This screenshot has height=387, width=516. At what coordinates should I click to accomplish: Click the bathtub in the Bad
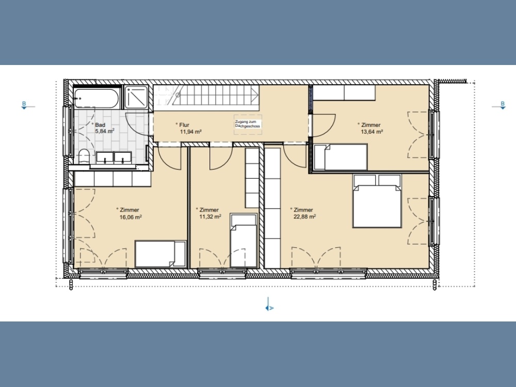point(96,98)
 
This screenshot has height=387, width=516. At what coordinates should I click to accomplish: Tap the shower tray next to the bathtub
point(136,97)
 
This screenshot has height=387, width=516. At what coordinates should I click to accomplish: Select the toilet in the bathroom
point(85,156)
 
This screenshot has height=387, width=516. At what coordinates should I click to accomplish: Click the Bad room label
point(100,125)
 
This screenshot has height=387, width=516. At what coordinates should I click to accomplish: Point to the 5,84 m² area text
point(105,131)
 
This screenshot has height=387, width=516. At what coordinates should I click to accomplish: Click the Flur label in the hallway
point(184,125)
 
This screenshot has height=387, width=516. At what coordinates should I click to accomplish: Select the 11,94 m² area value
point(190,132)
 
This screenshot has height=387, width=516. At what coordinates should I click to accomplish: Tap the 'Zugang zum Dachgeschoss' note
point(248,124)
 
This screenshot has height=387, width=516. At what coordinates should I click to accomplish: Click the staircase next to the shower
point(206,96)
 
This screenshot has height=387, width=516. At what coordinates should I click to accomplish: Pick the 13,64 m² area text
point(372,132)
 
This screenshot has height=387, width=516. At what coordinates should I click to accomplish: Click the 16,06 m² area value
point(131,217)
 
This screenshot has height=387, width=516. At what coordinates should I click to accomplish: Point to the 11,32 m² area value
point(211,217)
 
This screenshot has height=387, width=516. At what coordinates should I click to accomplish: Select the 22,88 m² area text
point(305,217)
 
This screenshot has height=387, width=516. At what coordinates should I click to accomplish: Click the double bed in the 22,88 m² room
point(377,201)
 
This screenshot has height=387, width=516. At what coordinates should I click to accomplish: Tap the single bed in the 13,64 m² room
point(341,157)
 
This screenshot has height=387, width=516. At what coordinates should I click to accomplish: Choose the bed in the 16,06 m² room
point(160,254)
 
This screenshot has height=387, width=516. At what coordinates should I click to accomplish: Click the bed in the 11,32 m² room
point(244,240)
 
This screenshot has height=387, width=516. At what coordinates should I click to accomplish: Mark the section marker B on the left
point(24,105)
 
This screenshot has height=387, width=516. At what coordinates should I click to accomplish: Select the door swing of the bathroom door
point(138,124)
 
